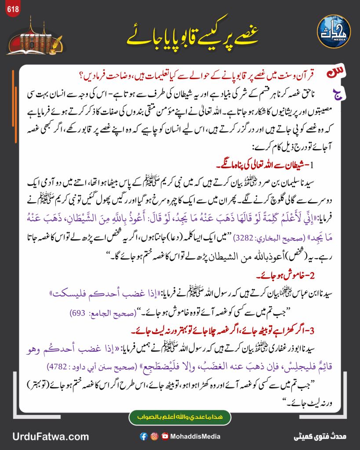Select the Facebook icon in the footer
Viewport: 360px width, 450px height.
(x=143, y=436)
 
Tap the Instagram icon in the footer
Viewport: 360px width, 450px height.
(x=154, y=436)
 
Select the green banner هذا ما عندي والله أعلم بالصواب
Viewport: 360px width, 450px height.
(x=180, y=416)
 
